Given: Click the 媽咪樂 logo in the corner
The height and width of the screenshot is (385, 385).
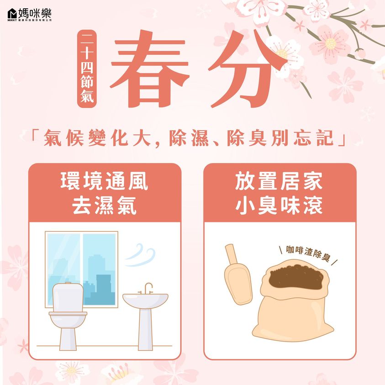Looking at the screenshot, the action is point(30,15).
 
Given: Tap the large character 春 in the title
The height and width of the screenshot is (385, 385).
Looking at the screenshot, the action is point(150,70).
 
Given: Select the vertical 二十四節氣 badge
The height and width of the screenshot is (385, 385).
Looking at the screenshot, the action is point(87,69).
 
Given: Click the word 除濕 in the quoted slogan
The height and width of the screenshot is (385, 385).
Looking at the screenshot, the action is point(189,138).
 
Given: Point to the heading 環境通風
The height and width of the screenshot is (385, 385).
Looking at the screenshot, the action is point(104,181).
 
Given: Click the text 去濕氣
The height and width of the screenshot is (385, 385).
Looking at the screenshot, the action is point(104,205).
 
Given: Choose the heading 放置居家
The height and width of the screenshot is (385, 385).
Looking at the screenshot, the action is point(279,181).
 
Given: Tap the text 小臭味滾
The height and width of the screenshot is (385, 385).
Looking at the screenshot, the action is point(279,205).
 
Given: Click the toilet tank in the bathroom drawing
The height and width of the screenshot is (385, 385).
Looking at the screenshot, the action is point(68,297).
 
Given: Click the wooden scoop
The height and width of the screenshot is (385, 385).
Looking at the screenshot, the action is point(237,274).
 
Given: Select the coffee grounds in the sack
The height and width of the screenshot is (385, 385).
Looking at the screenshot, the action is point(296,277).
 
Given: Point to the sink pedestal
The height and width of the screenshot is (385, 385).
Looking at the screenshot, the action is point(145,329).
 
